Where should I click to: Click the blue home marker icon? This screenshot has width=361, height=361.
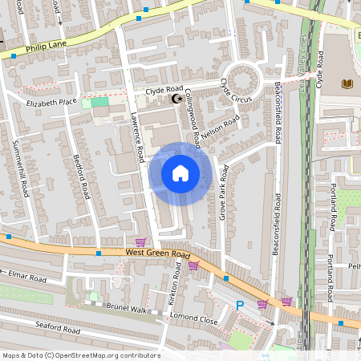180,173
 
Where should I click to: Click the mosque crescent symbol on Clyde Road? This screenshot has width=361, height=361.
177,99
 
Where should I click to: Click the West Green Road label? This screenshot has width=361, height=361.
156,254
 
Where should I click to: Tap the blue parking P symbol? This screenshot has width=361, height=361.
240,305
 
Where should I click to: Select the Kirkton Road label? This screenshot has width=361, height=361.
177,286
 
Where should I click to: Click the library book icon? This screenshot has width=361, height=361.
347,83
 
